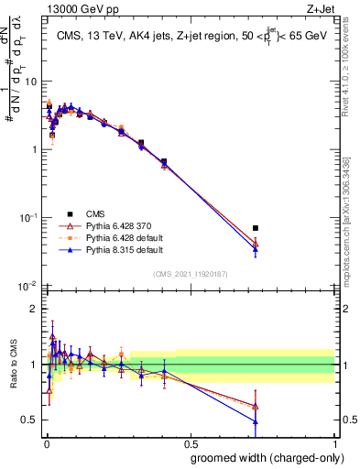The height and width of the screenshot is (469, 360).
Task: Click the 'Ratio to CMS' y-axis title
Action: pyautogui.click(x=12, y=366)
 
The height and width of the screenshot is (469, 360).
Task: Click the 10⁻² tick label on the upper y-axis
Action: pyautogui.click(x=27, y=286)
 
